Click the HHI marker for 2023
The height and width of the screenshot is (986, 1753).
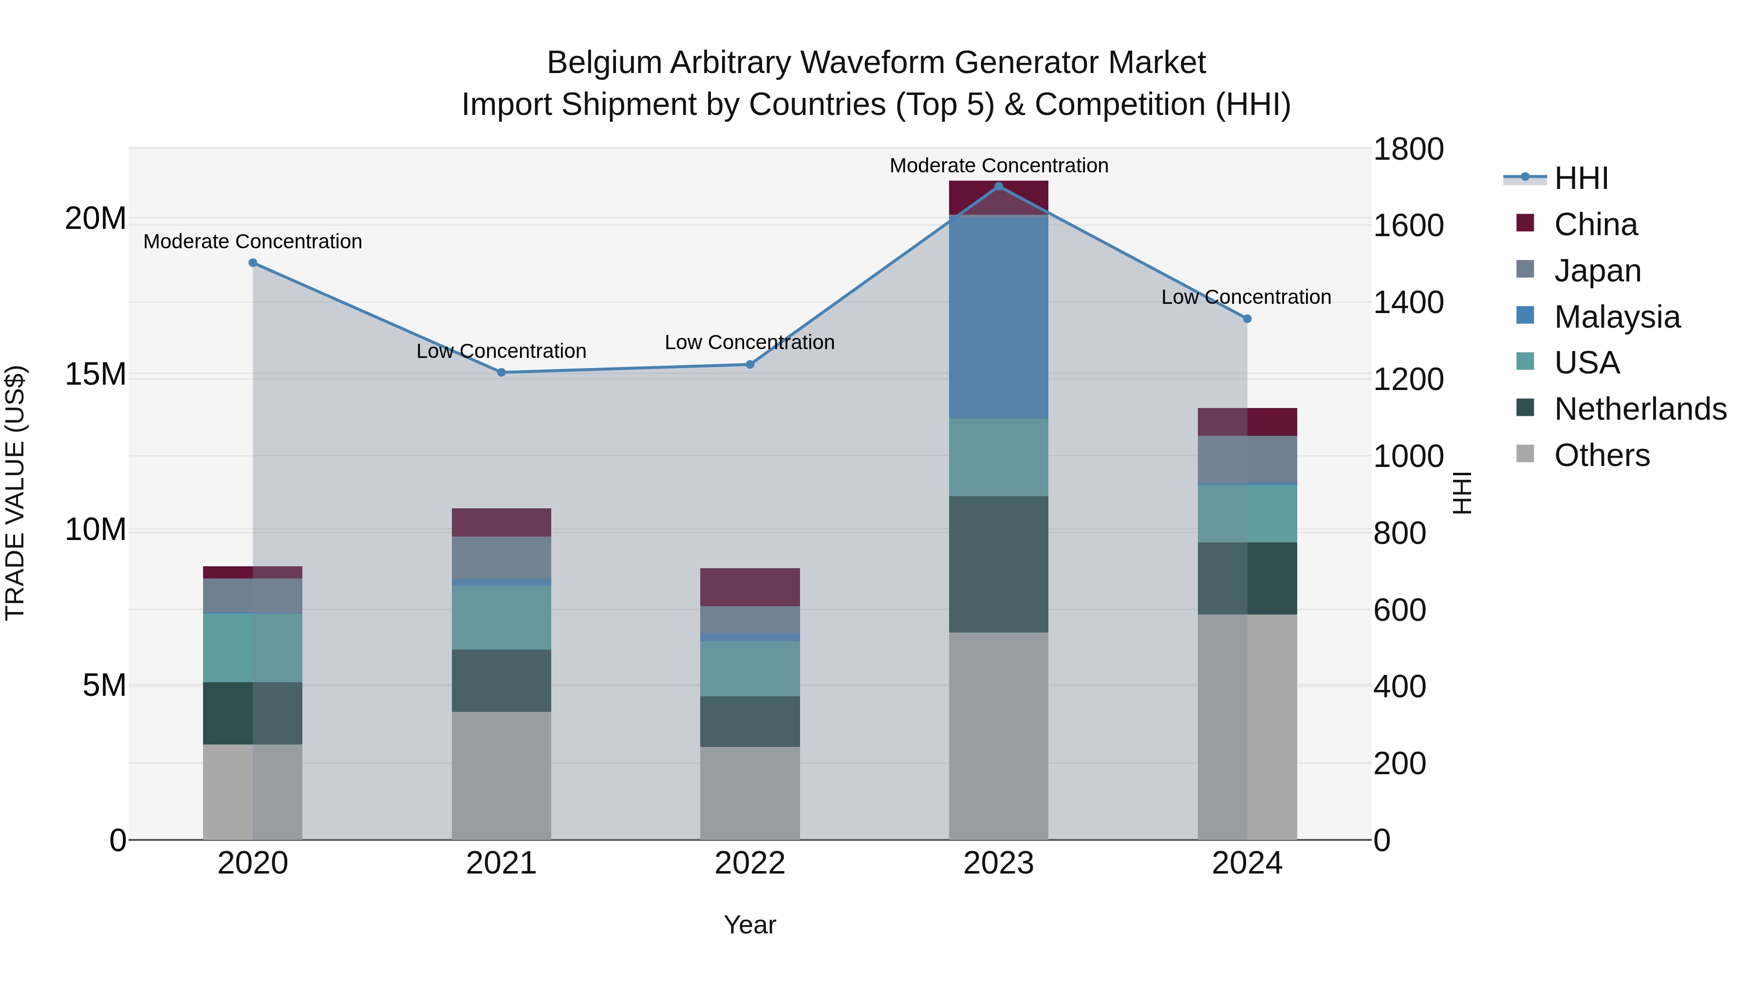pos(998,186)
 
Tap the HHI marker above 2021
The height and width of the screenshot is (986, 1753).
pos(502,372)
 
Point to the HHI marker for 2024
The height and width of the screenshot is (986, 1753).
pos(1247,318)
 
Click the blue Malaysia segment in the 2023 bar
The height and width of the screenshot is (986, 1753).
pos(998,316)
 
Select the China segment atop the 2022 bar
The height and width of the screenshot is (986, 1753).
pos(750,587)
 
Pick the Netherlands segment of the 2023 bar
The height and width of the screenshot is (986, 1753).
pos(998,564)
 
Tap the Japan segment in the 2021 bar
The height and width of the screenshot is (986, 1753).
pos(502,558)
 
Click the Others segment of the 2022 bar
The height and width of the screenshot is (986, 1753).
pos(750,793)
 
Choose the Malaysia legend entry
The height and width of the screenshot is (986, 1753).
pos(1617,317)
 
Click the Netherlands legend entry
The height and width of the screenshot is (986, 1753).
pos(1640,409)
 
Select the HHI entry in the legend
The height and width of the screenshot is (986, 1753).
pos(1581,178)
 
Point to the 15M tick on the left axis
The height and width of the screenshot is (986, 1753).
pos(95,374)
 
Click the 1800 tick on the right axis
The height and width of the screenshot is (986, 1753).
pos(1407,149)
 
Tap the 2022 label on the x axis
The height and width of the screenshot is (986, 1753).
pos(750,863)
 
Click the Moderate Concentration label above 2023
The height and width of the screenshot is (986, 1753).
pos(998,166)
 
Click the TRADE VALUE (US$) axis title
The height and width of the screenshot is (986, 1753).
pos(15,493)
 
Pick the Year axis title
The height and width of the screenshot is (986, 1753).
pos(750,925)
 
